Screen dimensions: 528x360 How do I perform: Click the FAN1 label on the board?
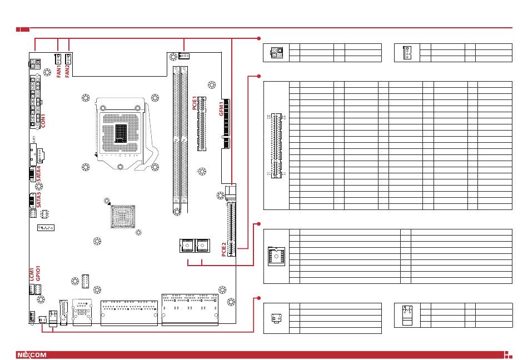[x=59, y=72]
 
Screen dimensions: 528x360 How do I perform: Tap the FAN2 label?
[x=68, y=72]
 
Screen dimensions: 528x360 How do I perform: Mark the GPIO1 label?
[x=38, y=275]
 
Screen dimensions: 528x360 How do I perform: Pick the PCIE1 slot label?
[x=195, y=104]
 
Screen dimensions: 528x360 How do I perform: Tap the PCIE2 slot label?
[x=224, y=248]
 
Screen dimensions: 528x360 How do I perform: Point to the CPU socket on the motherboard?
[x=121, y=132]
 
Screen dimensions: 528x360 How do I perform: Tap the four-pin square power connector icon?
[x=276, y=53]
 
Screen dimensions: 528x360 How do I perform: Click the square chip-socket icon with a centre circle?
[x=276, y=256]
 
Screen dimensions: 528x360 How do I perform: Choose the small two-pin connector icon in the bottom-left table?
[x=276, y=319]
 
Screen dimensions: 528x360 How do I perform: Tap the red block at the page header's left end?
[x=22, y=28]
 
